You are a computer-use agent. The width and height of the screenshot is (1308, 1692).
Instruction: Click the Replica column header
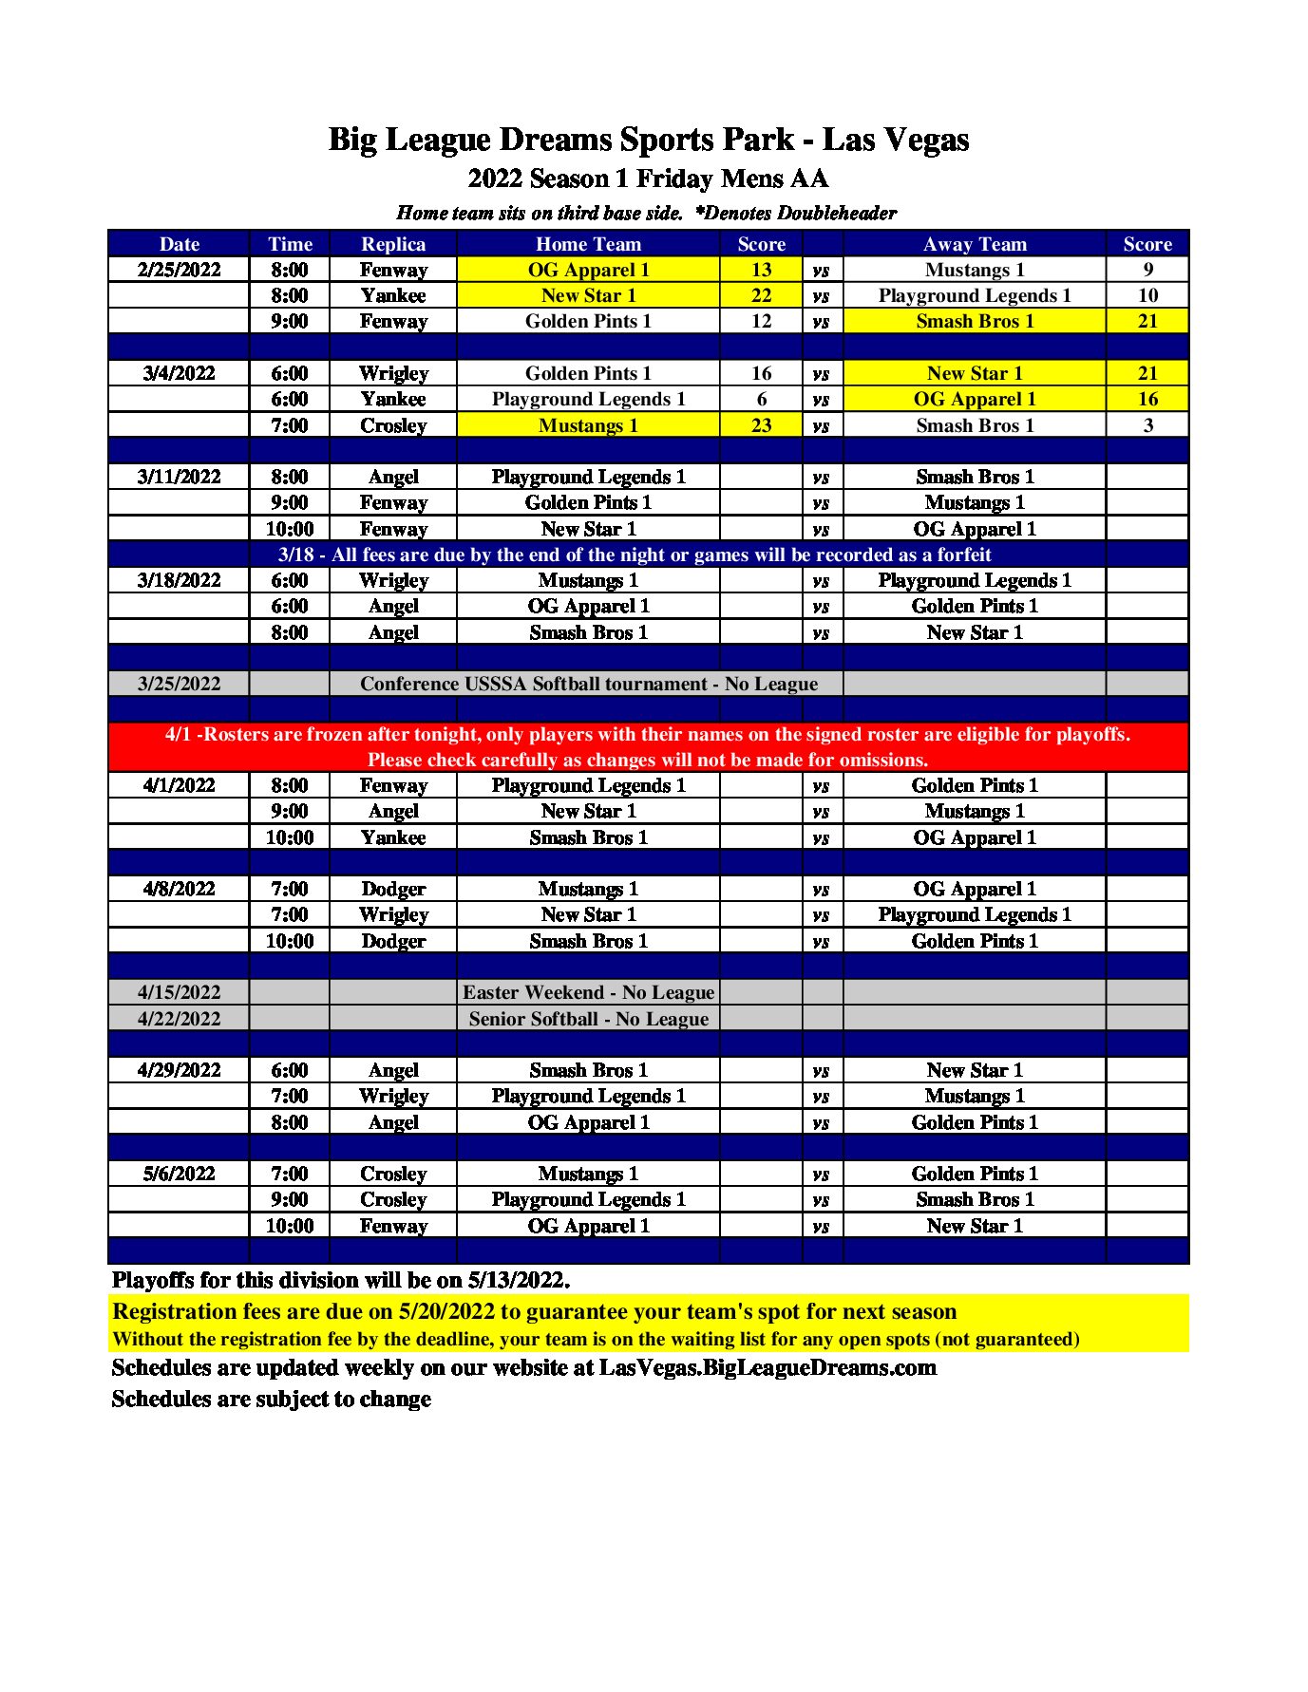(x=393, y=244)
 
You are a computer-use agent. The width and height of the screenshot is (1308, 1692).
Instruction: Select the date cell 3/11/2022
(x=179, y=477)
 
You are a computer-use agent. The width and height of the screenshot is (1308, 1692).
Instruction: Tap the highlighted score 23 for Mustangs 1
(x=761, y=425)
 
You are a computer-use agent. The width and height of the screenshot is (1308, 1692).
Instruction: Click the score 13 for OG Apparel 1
(x=761, y=270)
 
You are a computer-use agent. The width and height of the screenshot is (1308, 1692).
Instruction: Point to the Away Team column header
(x=975, y=244)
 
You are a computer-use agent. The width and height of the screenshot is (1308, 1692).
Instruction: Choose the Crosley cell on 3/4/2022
(x=393, y=425)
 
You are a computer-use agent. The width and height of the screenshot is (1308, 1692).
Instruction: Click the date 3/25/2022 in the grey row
(x=179, y=684)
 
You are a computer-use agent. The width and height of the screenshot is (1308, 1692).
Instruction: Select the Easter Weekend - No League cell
(x=588, y=992)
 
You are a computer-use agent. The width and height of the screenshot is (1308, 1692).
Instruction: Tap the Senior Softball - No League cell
(x=588, y=1019)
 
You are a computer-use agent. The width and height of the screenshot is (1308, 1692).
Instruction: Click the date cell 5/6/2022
(x=179, y=1174)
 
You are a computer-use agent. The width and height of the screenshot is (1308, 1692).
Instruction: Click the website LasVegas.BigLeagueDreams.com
(x=768, y=1367)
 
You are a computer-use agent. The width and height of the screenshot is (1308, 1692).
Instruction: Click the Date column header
(x=179, y=244)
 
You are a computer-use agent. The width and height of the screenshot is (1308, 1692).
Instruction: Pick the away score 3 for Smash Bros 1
(x=1147, y=425)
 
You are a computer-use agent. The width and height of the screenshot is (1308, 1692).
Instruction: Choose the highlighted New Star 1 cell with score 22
(x=588, y=295)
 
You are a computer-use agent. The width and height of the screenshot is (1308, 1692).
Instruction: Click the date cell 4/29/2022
(x=179, y=1070)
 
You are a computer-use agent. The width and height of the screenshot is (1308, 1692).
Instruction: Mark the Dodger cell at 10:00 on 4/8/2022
(x=393, y=941)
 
